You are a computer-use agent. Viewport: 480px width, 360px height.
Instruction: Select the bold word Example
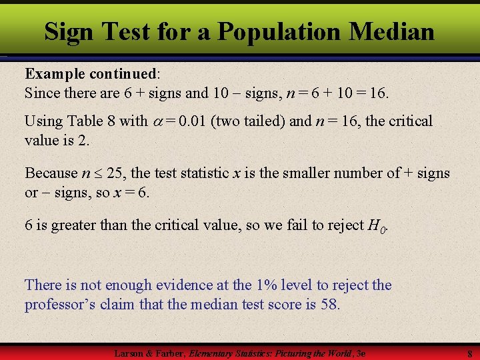[x=53, y=73]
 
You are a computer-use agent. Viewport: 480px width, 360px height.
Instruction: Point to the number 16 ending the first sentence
[x=377, y=93]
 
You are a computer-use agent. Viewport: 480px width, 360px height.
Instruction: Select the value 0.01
[x=198, y=121]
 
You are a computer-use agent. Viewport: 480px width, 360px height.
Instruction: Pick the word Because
[x=51, y=173]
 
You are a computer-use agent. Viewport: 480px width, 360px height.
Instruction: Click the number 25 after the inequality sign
[x=115, y=173]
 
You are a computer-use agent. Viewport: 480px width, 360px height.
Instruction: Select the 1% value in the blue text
[x=264, y=285]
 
